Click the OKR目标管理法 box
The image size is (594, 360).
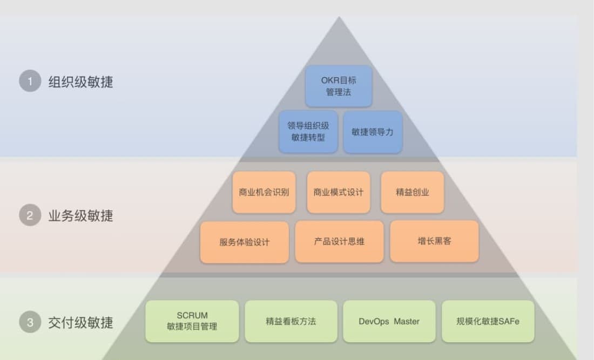(x=339, y=86)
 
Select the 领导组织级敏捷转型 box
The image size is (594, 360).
(x=308, y=132)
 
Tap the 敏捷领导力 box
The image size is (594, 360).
(x=373, y=132)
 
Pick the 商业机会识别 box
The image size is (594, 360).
(x=264, y=192)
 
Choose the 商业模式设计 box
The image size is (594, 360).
(x=339, y=192)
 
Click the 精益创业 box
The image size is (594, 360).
(x=413, y=192)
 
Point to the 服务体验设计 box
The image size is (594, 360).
(x=244, y=242)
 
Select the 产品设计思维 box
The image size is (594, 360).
(x=339, y=241)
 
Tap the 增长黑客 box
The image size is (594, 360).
(x=434, y=241)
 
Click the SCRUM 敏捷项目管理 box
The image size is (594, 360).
(x=192, y=321)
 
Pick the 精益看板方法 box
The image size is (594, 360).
(x=291, y=321)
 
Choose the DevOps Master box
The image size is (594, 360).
(x=389, y=321)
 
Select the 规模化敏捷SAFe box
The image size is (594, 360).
(x=488, y=321)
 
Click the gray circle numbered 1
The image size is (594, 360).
(x=30, y=81)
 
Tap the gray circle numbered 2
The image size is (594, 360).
(x=30, y=216)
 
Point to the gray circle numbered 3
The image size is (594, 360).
(x=30, y=323)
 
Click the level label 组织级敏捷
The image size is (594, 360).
(x=81, y=82)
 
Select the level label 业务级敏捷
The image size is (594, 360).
(x=81, y=216)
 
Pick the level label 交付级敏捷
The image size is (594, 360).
(x=81, y=323)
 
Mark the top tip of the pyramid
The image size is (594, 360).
(x=339, y=18)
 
